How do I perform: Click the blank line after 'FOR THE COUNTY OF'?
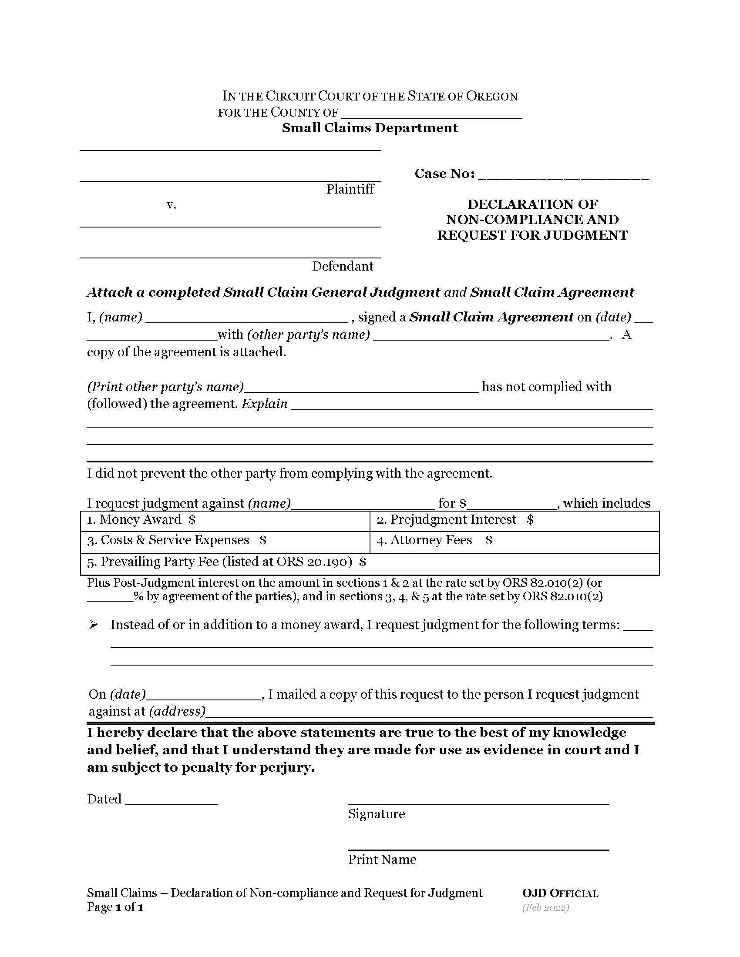(431, 115)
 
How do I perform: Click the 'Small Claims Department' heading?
(370, 128)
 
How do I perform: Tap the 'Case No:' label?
(444, 174)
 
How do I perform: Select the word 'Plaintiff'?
(350, 189)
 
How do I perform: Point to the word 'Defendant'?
(343, 266)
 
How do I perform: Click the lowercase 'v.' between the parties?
(172, 204)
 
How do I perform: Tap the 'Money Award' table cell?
(225, 520)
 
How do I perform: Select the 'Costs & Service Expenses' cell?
(225, 541)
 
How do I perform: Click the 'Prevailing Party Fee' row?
(370, 562)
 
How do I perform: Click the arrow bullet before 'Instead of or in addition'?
(94, 625)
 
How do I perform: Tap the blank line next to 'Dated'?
(172, 800)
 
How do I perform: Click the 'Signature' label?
(376, 814)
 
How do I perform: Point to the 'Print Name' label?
(382, 860)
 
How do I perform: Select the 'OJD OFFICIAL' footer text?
(560, 893)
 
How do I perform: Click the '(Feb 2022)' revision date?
(545, 907)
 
